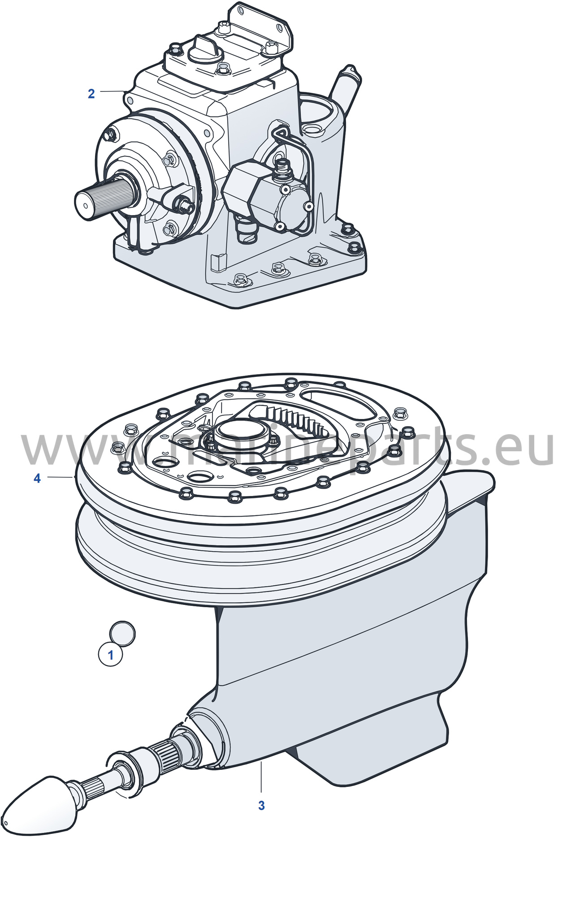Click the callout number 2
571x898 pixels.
pyautogui.click(x=91, y=94)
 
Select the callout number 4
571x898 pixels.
pyautogui.click(x=37, y=479)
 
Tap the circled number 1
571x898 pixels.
pyautogui.click(x=111, y=655)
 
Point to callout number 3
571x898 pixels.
pyautogui.click(x=262, y=805)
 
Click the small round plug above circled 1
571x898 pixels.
pyautogui.click(x=122, y=633)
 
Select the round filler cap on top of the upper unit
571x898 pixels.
pyautogui.click(x=205, y=50)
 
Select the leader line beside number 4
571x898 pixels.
pyautogui.click(x=60, y=478)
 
